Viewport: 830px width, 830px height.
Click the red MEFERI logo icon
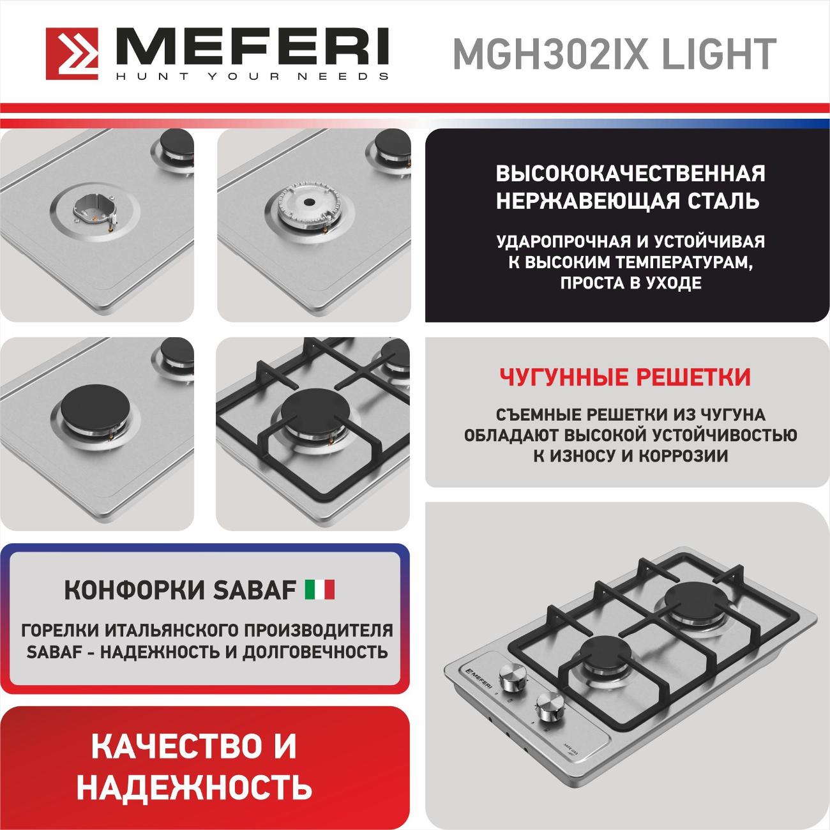coord(72,54)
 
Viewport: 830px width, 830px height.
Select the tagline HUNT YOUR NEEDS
coord(253,76)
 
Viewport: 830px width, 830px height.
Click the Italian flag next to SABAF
coord(320,590)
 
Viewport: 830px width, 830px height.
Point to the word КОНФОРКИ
coord(135,590)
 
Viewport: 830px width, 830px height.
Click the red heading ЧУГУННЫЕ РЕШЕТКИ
coord(625,377)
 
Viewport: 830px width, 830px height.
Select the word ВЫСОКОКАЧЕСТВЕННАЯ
coord(631,174)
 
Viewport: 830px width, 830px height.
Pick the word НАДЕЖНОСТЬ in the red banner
coord(194,787)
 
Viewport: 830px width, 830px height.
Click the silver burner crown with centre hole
coord(310,204)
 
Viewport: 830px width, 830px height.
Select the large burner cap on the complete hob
coord(697,599)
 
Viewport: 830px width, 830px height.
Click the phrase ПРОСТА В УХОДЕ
coord(631,283)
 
